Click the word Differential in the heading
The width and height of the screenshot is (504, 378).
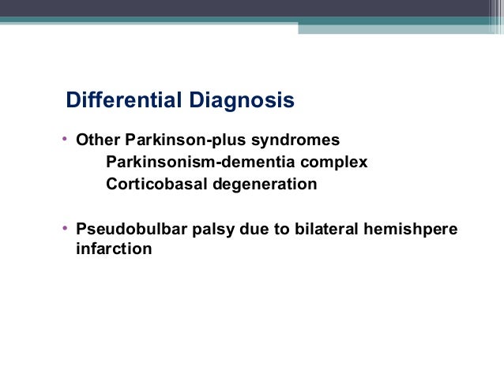click(125, 101)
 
